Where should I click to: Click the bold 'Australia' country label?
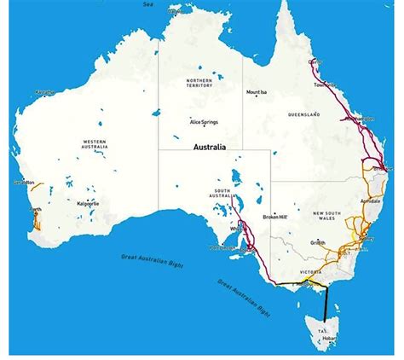point(210,147)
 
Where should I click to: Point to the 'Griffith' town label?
point(318,241)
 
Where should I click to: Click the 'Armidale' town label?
point(370,200)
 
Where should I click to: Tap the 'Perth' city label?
point(35,210)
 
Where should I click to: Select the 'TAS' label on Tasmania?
point(322,329)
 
